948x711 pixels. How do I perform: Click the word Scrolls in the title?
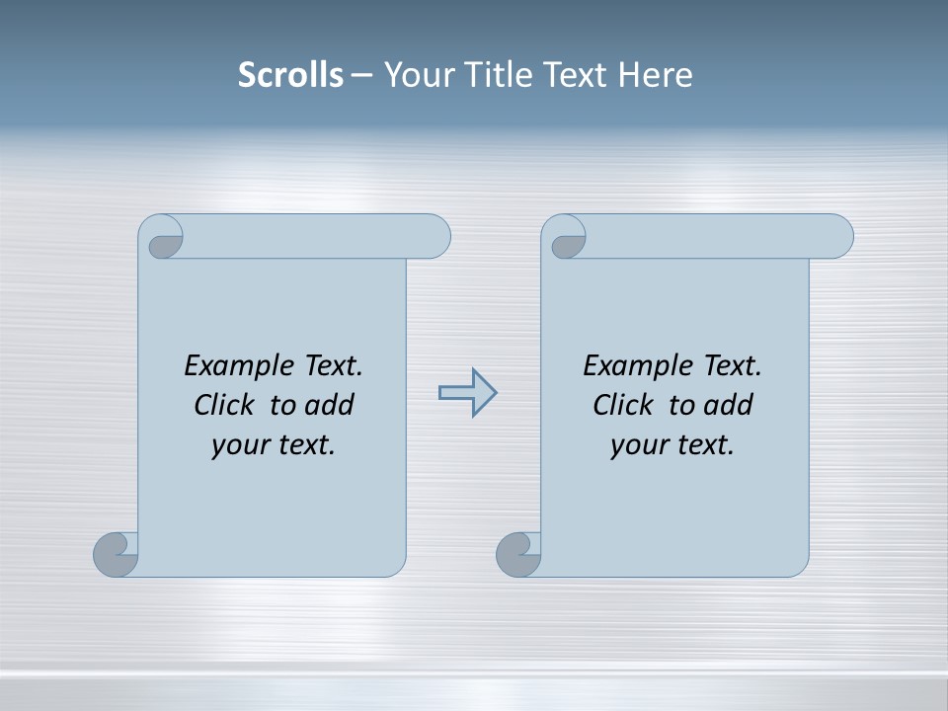(x=290, y=75)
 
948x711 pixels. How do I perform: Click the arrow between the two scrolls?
(x=467, y=393)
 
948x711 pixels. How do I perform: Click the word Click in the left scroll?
(x=226, y=406)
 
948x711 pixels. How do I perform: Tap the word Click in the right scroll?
(x=624, y=406)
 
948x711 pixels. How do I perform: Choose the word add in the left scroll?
(x=329, y=406)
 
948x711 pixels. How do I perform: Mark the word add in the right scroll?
(x=728, y=406)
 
